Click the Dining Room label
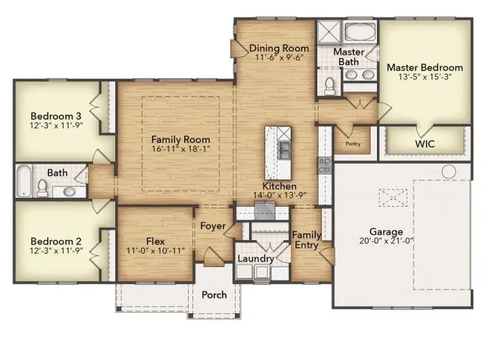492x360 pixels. coord(279,48)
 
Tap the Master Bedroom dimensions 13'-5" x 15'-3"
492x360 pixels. coord(424,77)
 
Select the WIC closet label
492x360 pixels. coord(425,144)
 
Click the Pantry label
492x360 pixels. coord(352,144)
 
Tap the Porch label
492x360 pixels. coord(214,295)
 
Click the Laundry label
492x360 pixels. coord(256,259)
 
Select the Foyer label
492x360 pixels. coord(212,226)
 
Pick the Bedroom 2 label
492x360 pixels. coord(56,241)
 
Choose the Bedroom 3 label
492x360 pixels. coord(56,115)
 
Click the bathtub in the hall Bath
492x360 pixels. coord(23,181)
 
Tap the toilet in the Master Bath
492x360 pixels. coord(328,86)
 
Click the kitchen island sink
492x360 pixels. coord(284,147)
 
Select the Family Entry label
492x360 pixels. coord(306,241)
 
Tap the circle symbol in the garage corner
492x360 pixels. coord(449,172)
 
